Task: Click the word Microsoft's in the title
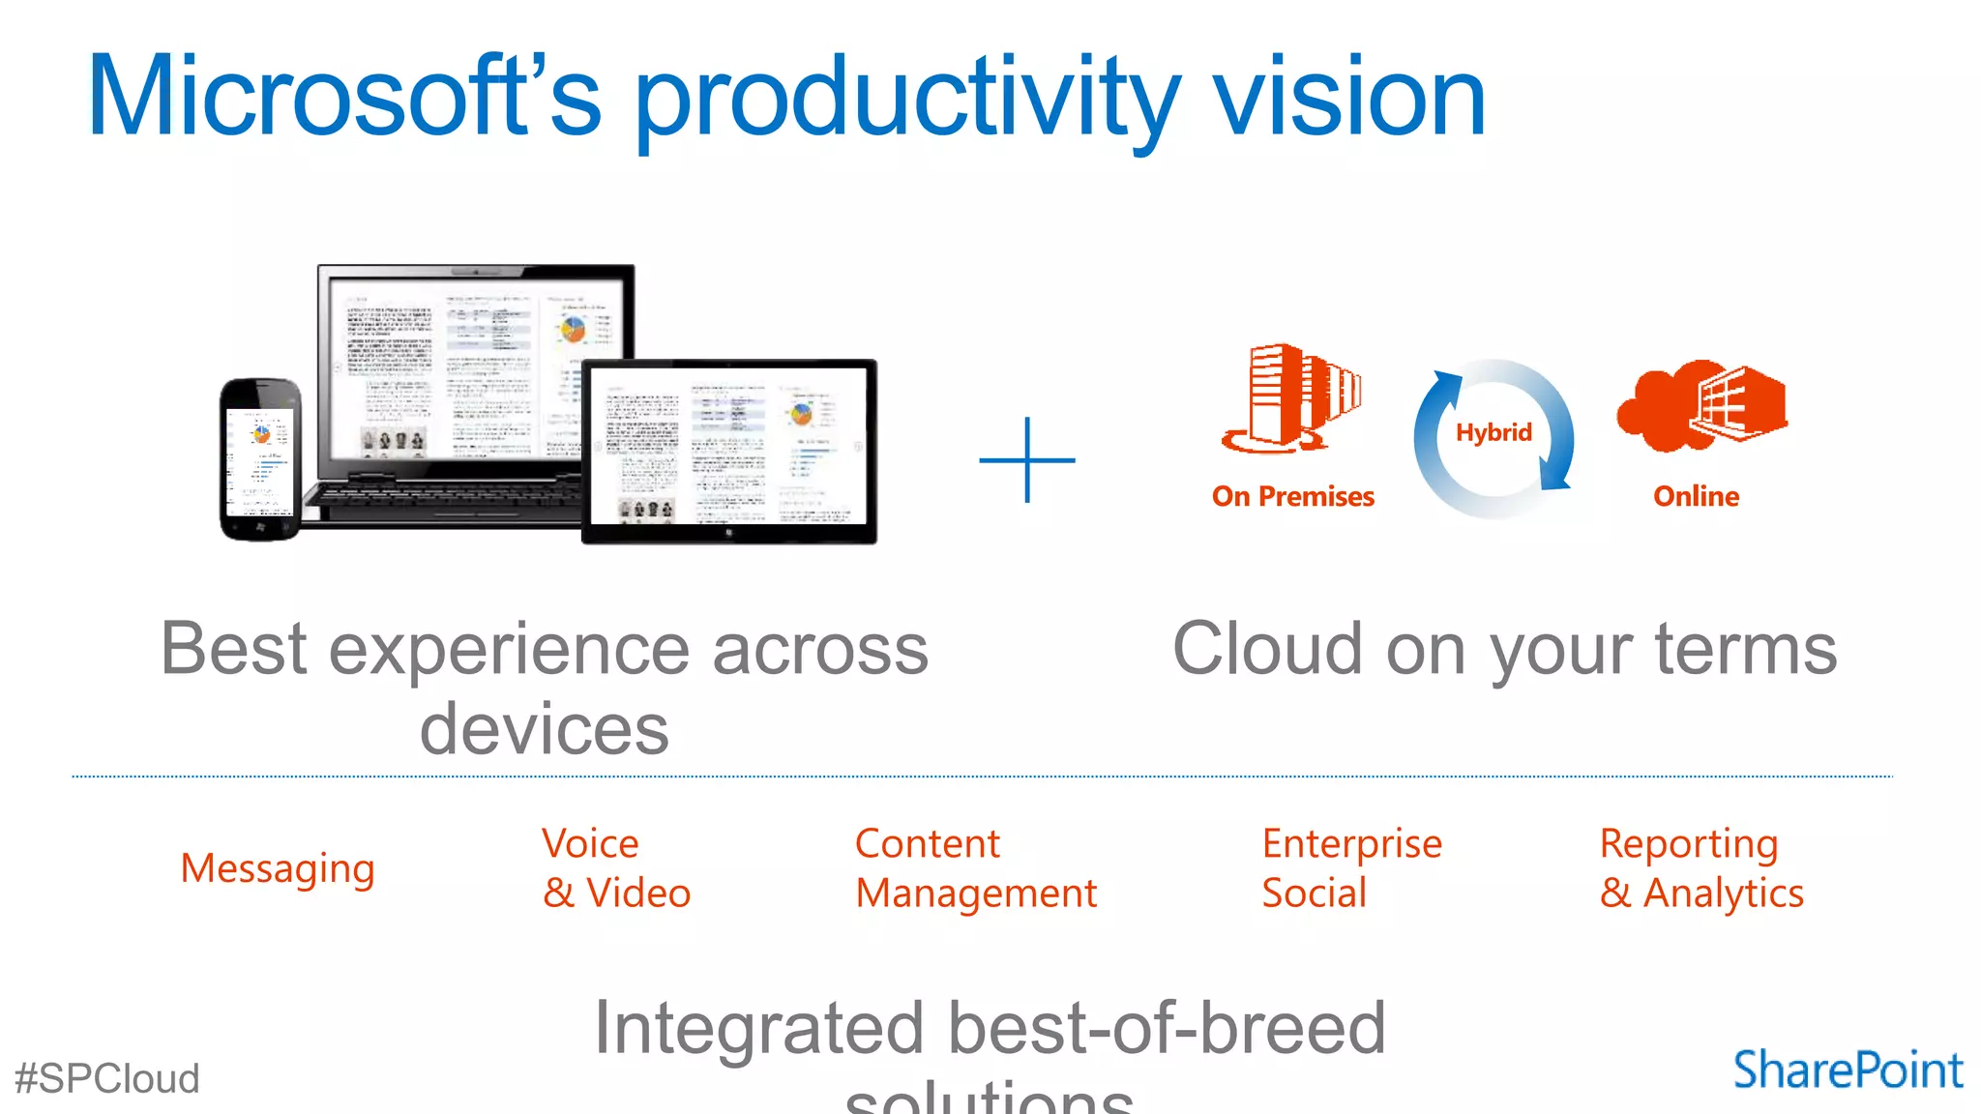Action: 343,97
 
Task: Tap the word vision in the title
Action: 1348,97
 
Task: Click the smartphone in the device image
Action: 260,458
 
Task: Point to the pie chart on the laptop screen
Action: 573,330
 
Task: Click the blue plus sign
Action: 1026,460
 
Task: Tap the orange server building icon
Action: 1291,397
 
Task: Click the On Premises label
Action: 1292,496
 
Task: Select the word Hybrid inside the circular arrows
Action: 1493,432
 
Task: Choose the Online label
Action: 1696,496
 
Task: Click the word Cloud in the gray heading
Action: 1267,649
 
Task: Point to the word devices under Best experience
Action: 544,729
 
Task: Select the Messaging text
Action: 278,868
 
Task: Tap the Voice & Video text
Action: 616,868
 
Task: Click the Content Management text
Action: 975,868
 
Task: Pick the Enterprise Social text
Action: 1351,868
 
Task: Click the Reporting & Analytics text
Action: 1700,868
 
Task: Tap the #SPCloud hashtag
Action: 107,1078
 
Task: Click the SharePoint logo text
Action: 1848,1070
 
